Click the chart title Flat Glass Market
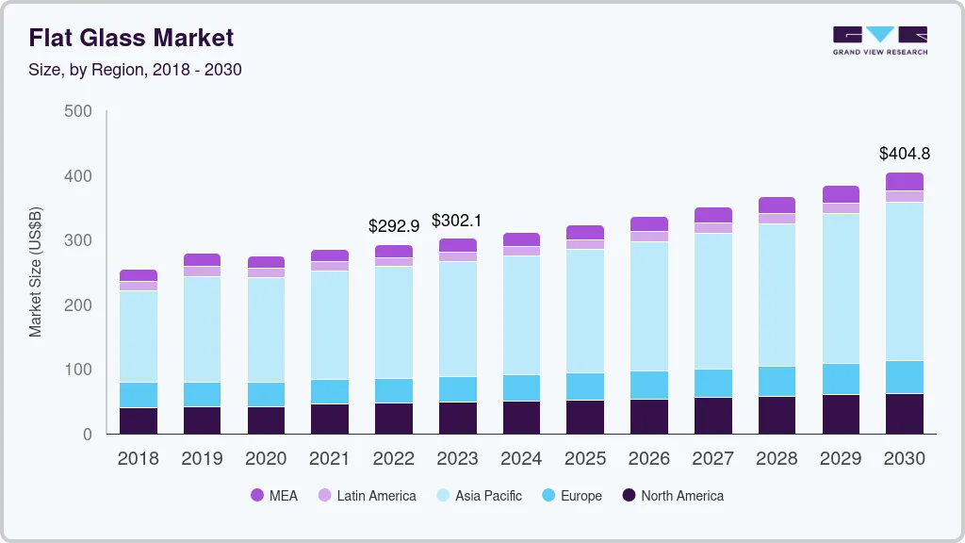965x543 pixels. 131,38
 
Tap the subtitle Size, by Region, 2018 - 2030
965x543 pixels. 135,70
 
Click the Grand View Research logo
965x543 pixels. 879,40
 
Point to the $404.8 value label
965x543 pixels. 904,154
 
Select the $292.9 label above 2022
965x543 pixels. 393,226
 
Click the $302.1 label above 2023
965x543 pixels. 457,221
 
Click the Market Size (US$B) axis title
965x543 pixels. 36,271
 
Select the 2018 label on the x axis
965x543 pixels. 138,458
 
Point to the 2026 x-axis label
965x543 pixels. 649,458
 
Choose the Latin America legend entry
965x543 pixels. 367,496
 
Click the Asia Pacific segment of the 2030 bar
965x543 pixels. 905,281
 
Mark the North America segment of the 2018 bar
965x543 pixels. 139,420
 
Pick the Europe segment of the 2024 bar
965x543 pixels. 521,387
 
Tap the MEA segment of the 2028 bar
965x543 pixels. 777,205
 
